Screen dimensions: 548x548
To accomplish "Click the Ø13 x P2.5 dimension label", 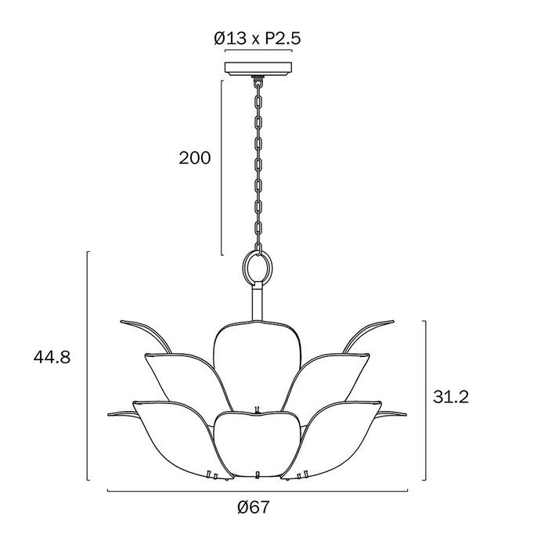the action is [x=258, y=38].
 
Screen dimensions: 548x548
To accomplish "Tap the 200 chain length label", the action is [x=195, y=158].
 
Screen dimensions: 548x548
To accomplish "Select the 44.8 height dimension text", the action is [x=52, y=357].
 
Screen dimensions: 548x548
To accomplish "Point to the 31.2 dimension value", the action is [x=450, y=397].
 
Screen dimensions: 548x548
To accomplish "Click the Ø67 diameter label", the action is [x=254, y=507].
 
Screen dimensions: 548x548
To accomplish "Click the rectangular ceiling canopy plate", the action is [x=258, y=69].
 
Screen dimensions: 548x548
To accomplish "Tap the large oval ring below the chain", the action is [x=258, y=268].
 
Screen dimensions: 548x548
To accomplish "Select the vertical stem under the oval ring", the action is [x=258, y=301].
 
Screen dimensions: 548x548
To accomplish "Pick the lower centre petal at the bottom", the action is [x=258, y=444].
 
